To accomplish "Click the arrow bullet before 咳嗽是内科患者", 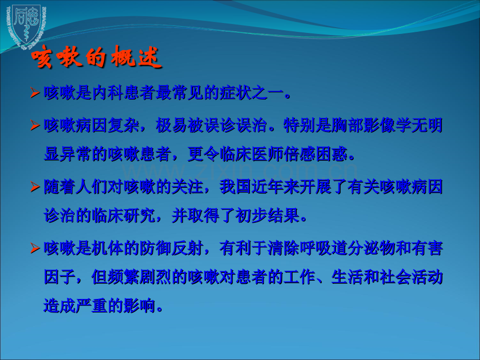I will (35, 94).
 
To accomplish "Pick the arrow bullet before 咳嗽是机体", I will (35, 248).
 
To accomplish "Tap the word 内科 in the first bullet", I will (106, 94).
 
